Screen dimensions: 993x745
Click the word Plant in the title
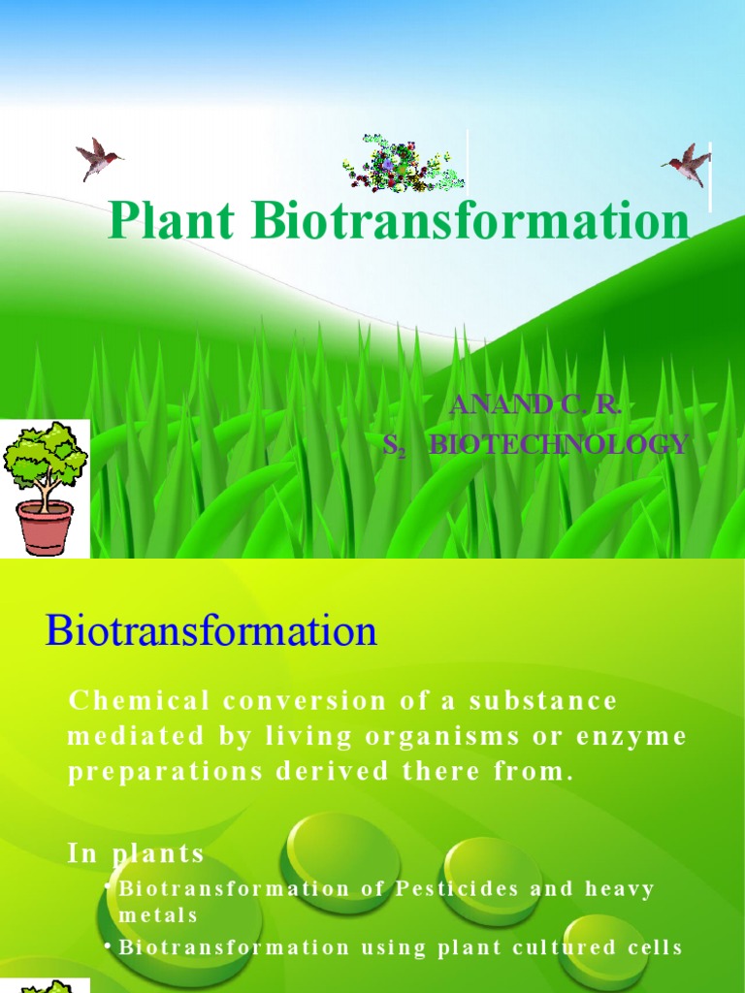(170, 221)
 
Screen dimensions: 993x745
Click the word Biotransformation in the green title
(471, 221)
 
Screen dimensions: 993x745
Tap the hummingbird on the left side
(98, 158)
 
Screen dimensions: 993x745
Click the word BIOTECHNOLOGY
(558, 445)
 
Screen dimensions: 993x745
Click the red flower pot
(45, 527)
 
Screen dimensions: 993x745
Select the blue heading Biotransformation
(211, 632)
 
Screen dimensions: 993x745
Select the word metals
(158, 914)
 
